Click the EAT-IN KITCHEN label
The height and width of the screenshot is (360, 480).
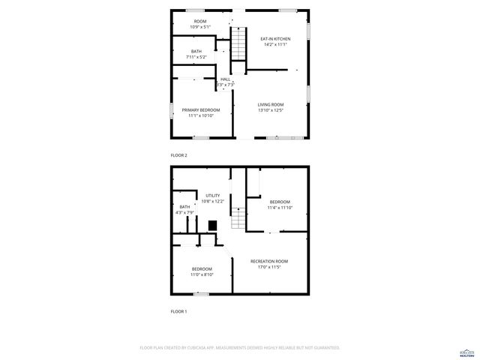coord(275,39)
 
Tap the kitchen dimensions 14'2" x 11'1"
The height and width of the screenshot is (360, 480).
coord(275,44)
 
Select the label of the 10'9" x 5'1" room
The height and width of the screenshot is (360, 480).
coord(200,21)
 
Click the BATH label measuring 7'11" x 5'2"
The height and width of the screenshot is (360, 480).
coord(196,52)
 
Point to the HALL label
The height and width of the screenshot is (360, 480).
coord(226,79)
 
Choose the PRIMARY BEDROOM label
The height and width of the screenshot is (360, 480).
coord(201,110)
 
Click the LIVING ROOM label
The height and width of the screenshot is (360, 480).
coord(271,105)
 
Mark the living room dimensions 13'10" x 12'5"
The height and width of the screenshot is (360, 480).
coord(271,110)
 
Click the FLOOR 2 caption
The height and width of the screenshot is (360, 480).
coord(178,155)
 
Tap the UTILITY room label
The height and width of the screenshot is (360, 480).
coord(213,196)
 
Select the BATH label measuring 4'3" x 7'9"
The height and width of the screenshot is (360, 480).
coord(184,207)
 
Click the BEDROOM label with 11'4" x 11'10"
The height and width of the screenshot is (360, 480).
coord(280,202)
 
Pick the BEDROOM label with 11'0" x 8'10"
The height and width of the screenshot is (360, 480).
coord(202,269)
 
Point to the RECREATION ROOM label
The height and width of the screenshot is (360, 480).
coord(269,261)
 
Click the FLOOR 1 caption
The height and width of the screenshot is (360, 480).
coord(178,311)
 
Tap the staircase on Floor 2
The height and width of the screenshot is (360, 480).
coord(238,44)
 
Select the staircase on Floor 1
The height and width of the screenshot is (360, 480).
coord(238,219)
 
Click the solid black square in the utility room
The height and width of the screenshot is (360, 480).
coord(212,224)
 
